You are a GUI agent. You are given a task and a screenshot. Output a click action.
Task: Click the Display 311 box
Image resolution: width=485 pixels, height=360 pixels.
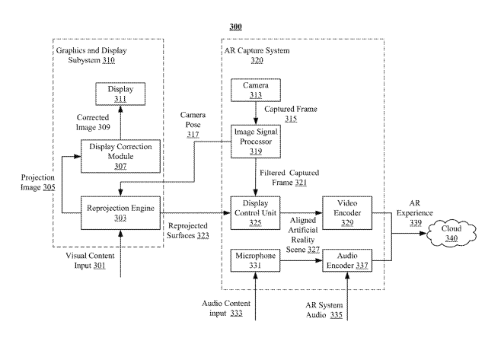[x=120, y=94]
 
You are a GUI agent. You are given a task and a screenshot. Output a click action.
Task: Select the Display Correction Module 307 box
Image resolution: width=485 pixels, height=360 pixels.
[x=120, y=156]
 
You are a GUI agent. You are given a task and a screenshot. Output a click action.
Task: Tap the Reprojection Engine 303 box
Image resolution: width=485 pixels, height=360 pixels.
[x=120, y=213]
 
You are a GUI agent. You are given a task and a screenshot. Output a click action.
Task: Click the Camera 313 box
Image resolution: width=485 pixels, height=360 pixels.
[x=256, y=90]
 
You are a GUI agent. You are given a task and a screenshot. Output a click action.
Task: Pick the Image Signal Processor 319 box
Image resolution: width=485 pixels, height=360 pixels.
[x=256, y=142]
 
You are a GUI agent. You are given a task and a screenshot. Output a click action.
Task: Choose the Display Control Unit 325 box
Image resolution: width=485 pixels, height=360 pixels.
[x=256, y=213]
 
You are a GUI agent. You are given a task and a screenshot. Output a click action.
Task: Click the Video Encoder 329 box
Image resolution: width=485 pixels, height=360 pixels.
[x=347, y=213]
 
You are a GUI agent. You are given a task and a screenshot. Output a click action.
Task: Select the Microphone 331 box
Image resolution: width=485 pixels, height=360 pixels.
[x=256, y=260]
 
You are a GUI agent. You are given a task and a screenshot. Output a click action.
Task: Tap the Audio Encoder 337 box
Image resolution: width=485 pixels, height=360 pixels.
[x=347, y=260]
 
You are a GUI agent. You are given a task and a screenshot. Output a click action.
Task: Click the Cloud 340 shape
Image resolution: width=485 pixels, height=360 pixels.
[x=451, y=233]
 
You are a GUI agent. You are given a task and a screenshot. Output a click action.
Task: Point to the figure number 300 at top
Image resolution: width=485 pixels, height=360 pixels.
[x=236, y=27]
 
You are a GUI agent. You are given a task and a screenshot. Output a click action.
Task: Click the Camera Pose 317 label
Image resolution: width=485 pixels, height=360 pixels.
[x=193, y=125]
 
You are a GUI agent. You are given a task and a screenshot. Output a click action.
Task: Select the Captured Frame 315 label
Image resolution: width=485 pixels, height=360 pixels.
[x=291, y=114]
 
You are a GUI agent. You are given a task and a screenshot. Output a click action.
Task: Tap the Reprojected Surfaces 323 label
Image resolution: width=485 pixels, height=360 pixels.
[x=188, y=231]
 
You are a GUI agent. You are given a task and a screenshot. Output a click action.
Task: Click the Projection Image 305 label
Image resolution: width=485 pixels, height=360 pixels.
[x=38, y=182]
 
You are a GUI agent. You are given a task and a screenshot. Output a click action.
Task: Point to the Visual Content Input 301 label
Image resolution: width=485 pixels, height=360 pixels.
[x=90, y=260]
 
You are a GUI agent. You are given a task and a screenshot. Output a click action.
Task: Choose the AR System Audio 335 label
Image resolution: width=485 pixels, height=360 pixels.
[x=324, y=310]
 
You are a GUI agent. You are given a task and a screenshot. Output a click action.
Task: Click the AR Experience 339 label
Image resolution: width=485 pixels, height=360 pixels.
[x=415, y=213]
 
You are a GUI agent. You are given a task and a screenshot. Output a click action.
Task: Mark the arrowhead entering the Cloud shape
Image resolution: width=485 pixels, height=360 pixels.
[x=423, y=233]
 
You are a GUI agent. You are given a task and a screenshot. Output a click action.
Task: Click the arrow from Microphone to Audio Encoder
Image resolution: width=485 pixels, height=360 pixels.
[x=302, y=260]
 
